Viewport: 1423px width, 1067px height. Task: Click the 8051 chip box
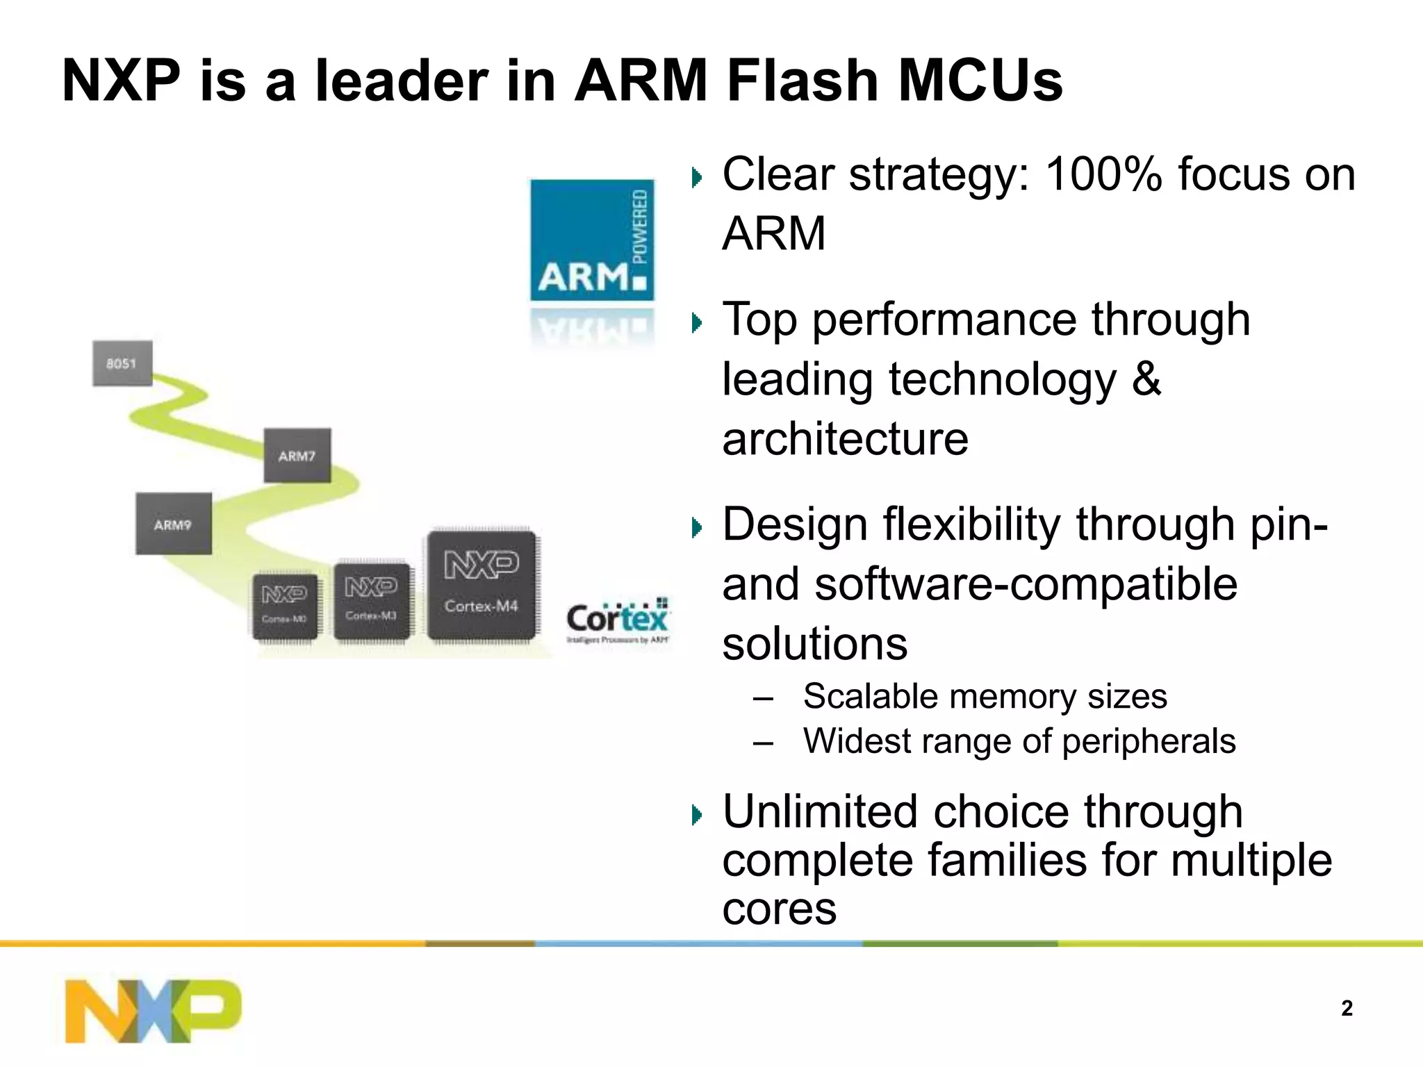pos(122,363)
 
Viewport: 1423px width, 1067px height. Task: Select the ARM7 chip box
pos(297,456)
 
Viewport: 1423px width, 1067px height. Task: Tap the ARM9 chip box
pos(173,524)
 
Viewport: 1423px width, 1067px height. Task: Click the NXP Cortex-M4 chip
pos(482,585)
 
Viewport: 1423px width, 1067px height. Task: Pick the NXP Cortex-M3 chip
pos(372,601)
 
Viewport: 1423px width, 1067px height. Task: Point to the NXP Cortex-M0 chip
pos(285,606)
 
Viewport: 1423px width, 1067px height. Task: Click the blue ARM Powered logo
pos(592,240)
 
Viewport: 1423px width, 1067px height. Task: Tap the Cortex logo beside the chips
pos(617,620)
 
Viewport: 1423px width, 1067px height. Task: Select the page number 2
pos(1347,1008)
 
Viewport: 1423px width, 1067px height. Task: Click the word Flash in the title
pos(803,81)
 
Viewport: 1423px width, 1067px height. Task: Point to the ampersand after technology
pos(1146,379)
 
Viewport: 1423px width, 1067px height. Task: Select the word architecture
pos(845,439)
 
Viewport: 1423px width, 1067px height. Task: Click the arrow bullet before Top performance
pos(697,322)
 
